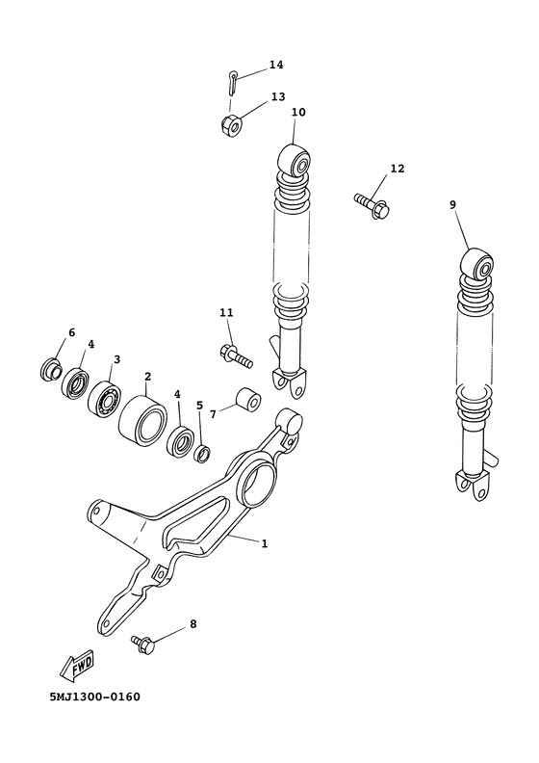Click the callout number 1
tap(264, 543)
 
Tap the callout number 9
tap(452, 204)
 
